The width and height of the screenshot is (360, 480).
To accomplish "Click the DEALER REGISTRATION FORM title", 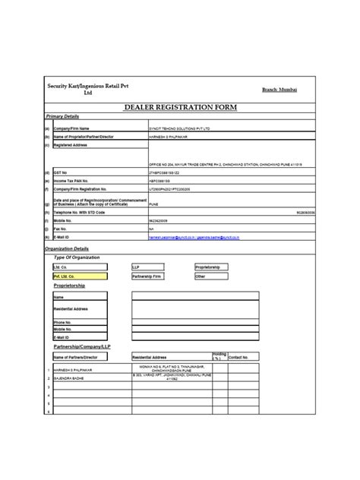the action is click(180, 109).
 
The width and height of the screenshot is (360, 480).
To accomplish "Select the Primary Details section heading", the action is click(62, 117).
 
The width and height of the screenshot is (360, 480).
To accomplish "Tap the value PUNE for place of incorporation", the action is click(153, 204).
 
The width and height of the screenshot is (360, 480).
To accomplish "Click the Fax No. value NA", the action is click(151, 227).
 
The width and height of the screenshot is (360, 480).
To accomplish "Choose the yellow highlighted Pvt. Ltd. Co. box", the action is click(79, 277).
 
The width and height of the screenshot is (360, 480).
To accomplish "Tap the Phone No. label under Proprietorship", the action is click(62, 322).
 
